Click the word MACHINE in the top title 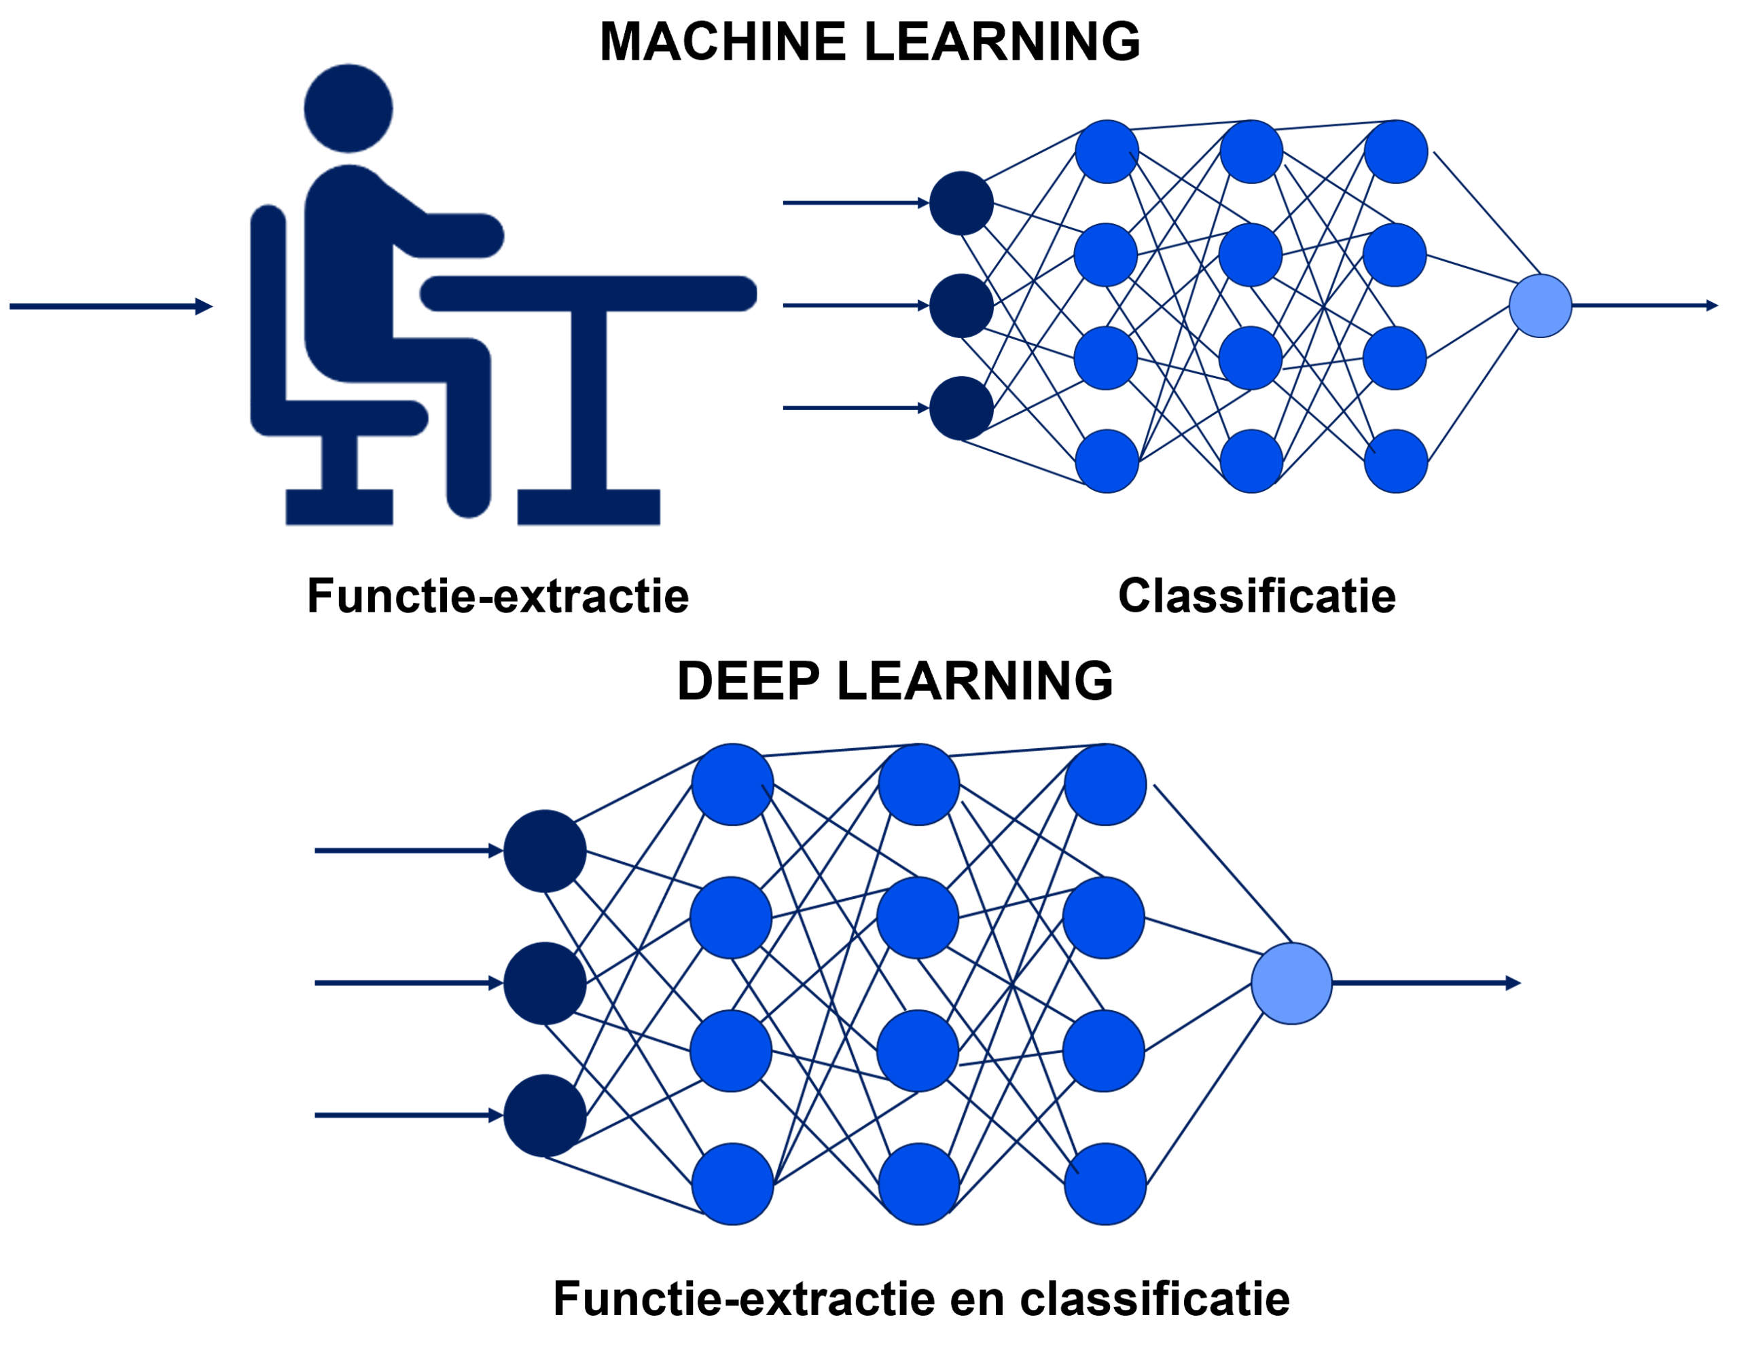coord(722,41)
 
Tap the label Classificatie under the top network coord(1257,596)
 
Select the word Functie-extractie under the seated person coord(498,596)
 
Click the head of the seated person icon coord(348,108)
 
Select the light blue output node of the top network coord(1540,306)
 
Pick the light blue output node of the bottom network coord(1291,983)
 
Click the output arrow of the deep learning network coord(1425,984)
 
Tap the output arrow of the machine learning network coord(1645,306)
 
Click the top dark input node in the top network coord(961,203)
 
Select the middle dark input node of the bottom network coord(545,983)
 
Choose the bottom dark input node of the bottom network coord(545,1115)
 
